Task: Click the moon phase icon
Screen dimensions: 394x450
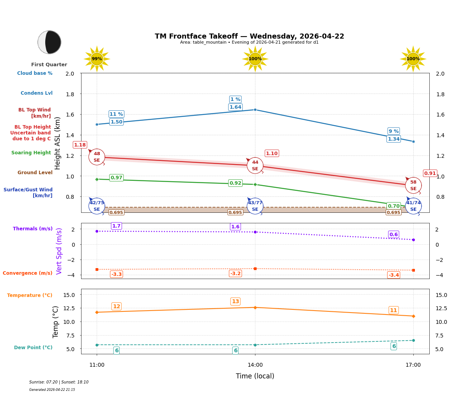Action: click(x=50, y=42)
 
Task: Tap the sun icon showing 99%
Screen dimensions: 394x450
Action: click(x=97, y=59)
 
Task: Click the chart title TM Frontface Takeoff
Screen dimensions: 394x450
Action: click(x=249, y=36)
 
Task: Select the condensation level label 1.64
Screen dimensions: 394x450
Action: click(x=235, y=107)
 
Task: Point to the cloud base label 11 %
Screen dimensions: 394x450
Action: click(x=116, y=114)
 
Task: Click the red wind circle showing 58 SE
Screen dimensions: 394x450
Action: click(x=413, y=185)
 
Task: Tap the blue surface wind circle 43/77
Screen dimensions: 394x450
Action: click(x=255, y=206)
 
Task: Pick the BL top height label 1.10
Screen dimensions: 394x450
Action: click(x=271, y=154)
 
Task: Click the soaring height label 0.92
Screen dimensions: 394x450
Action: click(x=235, y=183)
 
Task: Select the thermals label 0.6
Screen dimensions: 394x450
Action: click(x=393, y=235)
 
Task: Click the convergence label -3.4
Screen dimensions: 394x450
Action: click(x=393, y=275)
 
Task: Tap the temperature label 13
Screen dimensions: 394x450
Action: click(x=235, y=302)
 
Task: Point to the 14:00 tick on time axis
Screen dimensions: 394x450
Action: click(x=255, y=365)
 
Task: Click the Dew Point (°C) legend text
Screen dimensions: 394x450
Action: click(x=33, y=348)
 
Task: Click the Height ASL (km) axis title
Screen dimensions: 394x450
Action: click(x=58, y=143)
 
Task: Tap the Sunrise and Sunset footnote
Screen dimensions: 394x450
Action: click(x=59, y=382)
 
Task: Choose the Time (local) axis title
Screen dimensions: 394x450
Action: click(x=255, y=376)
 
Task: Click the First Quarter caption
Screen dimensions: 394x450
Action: click(x=49, y=65)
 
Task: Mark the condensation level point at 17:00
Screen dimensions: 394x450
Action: click(x=413, y=141)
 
